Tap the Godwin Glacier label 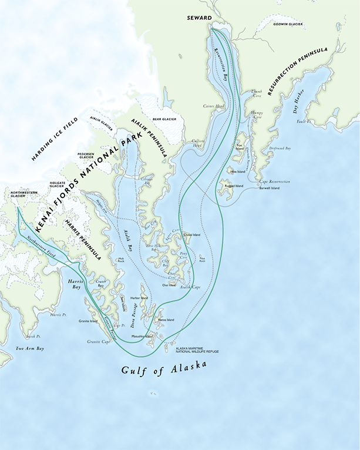[288, 25]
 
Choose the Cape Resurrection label [274, 182]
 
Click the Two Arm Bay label [30, 349]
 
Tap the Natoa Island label [166, 320]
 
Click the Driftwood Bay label [280, 149]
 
